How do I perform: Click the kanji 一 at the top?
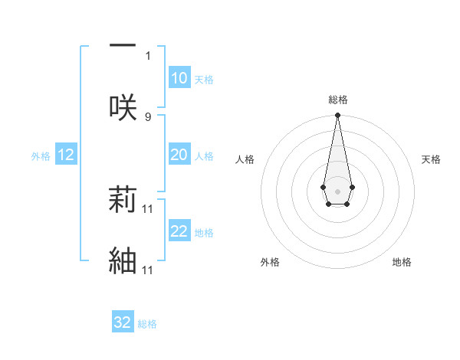point(123,44)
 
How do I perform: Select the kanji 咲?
point(123,106)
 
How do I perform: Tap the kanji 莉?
point(123,198)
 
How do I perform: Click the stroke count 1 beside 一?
point(149,55)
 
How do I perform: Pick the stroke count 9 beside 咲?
point(148,117)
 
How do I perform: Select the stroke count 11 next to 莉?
point(149,208)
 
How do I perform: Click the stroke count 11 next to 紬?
point(149,270)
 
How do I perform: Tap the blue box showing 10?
point(179,78)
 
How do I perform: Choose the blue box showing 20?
point(179,155)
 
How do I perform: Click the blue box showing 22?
point(179,231)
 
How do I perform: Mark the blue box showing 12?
point(65,155)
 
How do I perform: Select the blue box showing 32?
point(123,322)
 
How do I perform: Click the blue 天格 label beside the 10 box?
point(204,80)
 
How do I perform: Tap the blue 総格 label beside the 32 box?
point(147,324)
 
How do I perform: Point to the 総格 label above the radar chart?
point(338,100)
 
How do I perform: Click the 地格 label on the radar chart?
point(402,262)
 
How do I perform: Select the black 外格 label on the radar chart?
point(270,262)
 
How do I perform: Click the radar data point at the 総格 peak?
point(337,115)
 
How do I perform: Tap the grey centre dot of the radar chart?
point(337,190)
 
